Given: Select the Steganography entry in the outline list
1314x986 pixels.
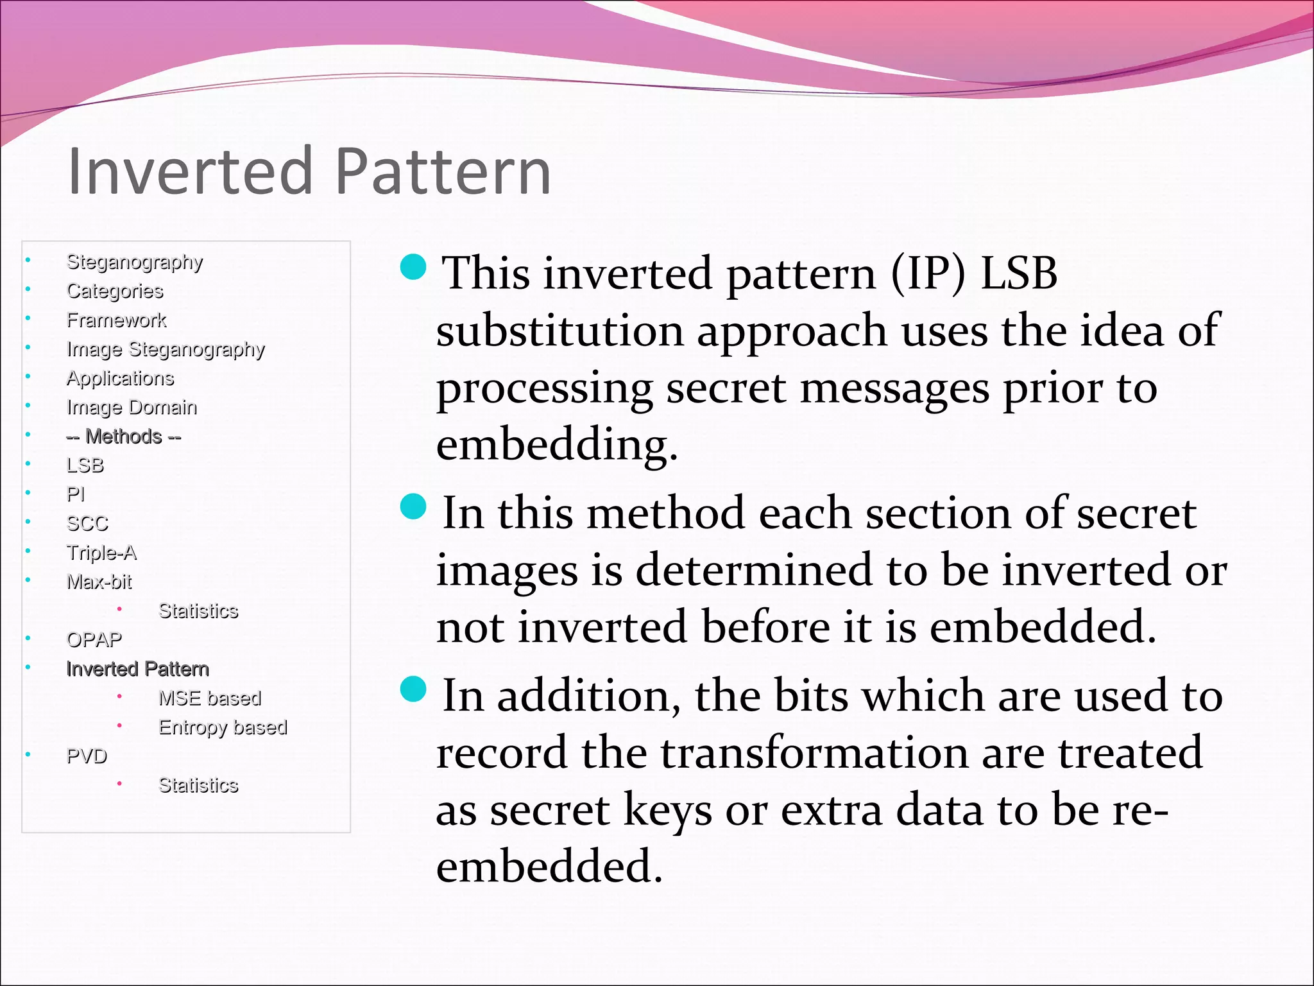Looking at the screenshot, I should point(135,262).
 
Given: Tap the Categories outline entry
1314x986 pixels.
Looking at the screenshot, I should point(115,291).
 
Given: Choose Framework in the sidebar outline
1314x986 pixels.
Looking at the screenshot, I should point(116,320).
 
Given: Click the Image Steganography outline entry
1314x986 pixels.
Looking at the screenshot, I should point(166,349).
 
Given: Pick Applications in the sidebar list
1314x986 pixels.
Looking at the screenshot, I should point(120,378).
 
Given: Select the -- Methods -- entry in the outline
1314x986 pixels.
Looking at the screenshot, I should point(124,437).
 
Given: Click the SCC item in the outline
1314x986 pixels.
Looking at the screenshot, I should point(87,524).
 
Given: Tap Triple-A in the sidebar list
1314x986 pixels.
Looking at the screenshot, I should point(101,553).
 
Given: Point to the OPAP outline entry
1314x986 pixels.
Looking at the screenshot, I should point(94,640).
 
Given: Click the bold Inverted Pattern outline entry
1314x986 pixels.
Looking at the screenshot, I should point(137,669).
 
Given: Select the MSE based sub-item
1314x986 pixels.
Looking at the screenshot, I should point(210,698).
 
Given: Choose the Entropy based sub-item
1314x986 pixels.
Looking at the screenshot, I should point(223,727).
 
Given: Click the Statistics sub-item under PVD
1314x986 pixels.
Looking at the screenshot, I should point(198,785).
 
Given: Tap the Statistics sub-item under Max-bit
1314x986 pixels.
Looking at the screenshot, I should point(198,610).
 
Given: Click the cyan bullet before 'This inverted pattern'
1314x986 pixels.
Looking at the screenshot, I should point(413,266).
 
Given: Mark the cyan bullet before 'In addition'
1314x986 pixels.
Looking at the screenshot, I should point(413,689).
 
